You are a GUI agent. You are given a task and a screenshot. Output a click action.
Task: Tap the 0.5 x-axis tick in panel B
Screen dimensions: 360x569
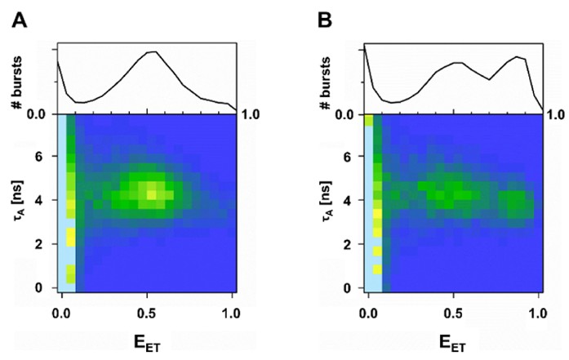pyautogui.click(x=452, y=311)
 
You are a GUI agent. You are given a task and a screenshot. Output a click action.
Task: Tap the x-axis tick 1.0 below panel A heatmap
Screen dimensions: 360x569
pyautogui.click(x=232, y=311)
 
